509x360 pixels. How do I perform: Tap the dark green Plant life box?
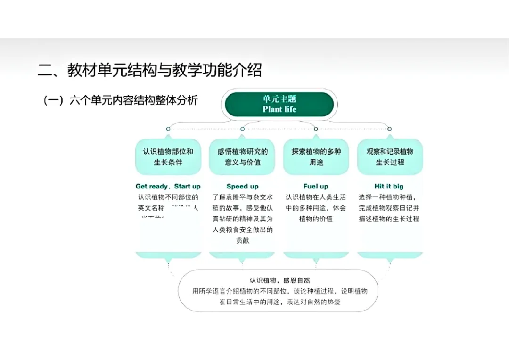point(279,104)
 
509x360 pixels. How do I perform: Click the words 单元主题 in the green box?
point(279,99)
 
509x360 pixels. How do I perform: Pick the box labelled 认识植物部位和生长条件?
point(168,157)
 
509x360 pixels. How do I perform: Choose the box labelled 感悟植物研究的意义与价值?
point(242,157)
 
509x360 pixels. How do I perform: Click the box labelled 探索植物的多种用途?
point(316,157)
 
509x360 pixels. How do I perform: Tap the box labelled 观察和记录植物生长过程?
point(390,157)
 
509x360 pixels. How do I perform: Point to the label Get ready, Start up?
point(168,186)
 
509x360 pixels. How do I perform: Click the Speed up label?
point(242,186)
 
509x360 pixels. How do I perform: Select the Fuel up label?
point(316,186)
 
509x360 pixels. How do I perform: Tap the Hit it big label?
point(389,186)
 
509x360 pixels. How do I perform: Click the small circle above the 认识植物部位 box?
point(168,129)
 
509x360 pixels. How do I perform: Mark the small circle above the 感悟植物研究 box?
point(242,129)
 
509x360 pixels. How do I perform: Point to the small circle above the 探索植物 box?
point(316,129)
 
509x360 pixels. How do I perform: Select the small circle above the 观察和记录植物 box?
point(389,129)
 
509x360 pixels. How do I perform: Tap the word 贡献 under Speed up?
point(242,240)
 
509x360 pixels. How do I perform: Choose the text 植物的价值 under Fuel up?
point(316,219)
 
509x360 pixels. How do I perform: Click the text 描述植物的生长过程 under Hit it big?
point(389,219)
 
